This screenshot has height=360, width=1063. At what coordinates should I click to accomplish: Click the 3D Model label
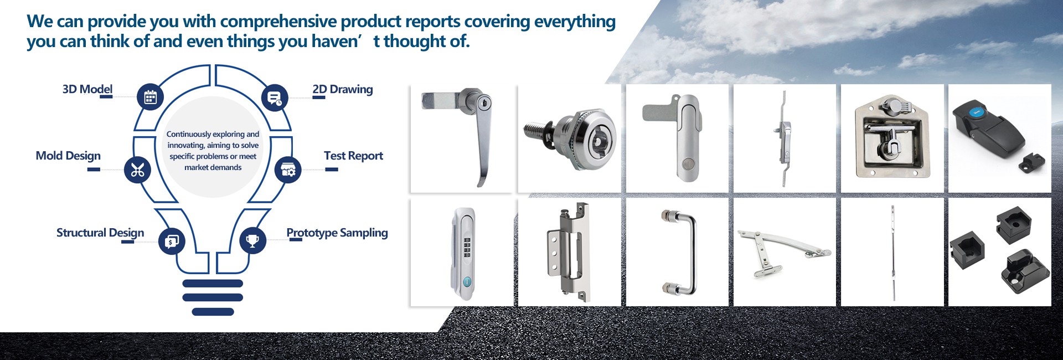pos(87,89)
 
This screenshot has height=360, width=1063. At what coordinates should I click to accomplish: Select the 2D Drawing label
pos(343,89)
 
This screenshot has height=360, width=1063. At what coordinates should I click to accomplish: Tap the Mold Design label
pos(68,156)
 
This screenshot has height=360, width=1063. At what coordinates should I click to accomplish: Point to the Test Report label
pos(353,156)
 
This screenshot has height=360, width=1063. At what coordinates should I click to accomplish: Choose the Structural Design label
pos(100,233)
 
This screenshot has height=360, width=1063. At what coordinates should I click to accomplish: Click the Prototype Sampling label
pos(337,233)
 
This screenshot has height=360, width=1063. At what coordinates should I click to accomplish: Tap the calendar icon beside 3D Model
pos(151,97)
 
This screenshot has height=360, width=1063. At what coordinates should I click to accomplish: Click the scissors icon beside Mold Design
pos(137,170)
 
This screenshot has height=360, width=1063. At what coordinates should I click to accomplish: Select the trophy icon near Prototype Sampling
pos(252,241)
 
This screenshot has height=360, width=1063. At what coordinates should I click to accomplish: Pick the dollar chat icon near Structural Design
pos(172,241)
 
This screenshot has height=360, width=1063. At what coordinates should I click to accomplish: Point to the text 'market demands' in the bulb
pos(213,167)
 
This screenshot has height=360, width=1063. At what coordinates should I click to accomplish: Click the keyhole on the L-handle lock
pos(484,103)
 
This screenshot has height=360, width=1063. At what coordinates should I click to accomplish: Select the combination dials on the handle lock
pos(467,248)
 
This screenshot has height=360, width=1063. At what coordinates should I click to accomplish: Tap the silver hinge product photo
pos(568,252)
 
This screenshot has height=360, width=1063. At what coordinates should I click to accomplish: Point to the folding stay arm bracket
pos(783,253)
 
